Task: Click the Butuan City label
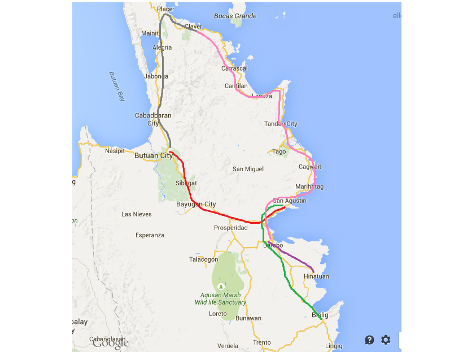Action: [x=153, y=155]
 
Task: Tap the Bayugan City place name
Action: [x=196, y=204]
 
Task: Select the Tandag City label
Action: [x=281, y=124]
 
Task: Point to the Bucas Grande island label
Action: [x=235, y=16]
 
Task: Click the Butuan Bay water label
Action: [x=116, y=86]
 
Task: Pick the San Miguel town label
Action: [x=248, y=169]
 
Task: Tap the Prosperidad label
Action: [x=230, y=228]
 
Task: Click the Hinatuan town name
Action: [x=316, y=276]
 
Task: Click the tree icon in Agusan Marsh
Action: [x=221, y=287]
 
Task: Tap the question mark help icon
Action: [x=369, y=340]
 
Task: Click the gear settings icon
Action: [x=386, y=340]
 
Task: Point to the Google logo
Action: [x=111, y=343]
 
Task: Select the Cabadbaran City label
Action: [x=153, y=119]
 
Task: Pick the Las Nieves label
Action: [x=137, y=214]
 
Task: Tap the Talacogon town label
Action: [x=203, y=259]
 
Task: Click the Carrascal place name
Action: [x=234, y=68]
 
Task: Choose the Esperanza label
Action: [x=150, y=235]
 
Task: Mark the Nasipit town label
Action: [x=115, y=151]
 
